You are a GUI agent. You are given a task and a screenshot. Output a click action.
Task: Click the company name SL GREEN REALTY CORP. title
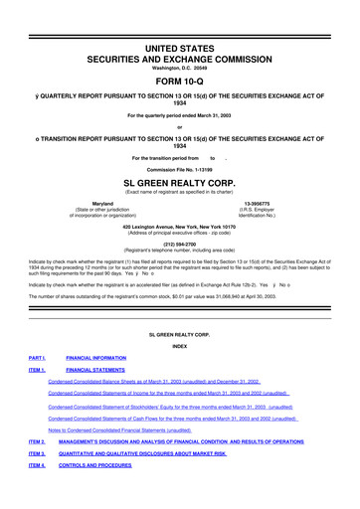(180, 184)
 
